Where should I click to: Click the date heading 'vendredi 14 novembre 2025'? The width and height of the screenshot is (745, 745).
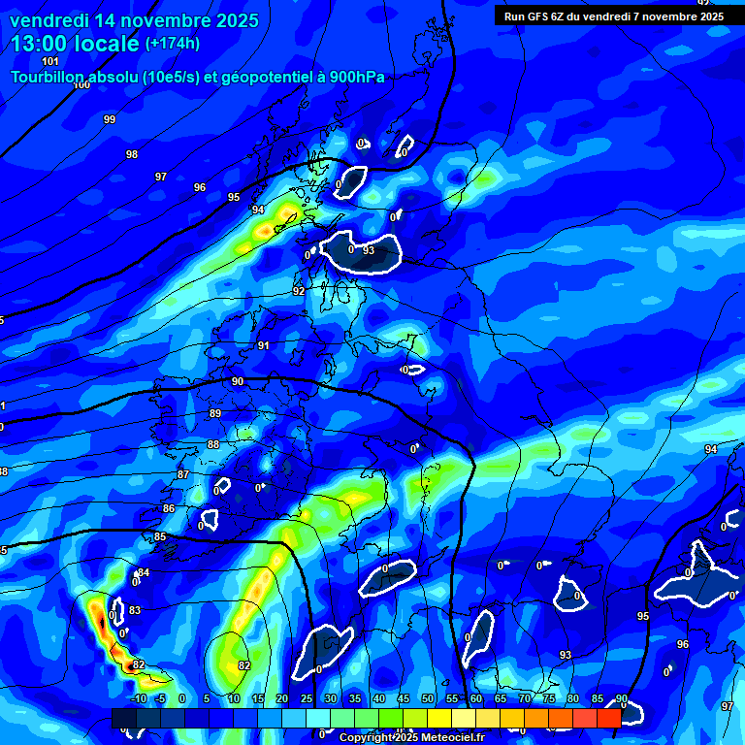pos(134,19)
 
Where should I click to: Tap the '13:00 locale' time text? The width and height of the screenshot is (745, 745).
pos(76,43)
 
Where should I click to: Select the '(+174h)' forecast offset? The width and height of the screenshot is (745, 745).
pos(172,43)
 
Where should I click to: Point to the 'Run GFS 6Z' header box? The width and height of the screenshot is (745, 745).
pos(612,16)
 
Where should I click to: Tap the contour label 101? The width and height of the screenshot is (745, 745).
pos(50,61)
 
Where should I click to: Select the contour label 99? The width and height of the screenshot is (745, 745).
pos(110,119)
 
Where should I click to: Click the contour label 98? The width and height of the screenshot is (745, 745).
pos(132,154)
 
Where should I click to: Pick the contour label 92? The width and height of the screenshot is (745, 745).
pos(299,291)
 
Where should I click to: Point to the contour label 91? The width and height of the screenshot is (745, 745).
pos(264,345)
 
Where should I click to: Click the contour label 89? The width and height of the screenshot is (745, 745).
pos(215,413)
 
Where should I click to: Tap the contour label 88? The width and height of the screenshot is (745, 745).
pos(213,444)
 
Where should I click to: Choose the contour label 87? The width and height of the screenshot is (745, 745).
pos(183,474)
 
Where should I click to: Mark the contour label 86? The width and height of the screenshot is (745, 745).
pos(169,508)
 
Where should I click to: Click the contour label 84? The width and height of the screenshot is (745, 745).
pos(144,572)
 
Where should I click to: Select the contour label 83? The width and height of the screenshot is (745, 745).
pos(135,610)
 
